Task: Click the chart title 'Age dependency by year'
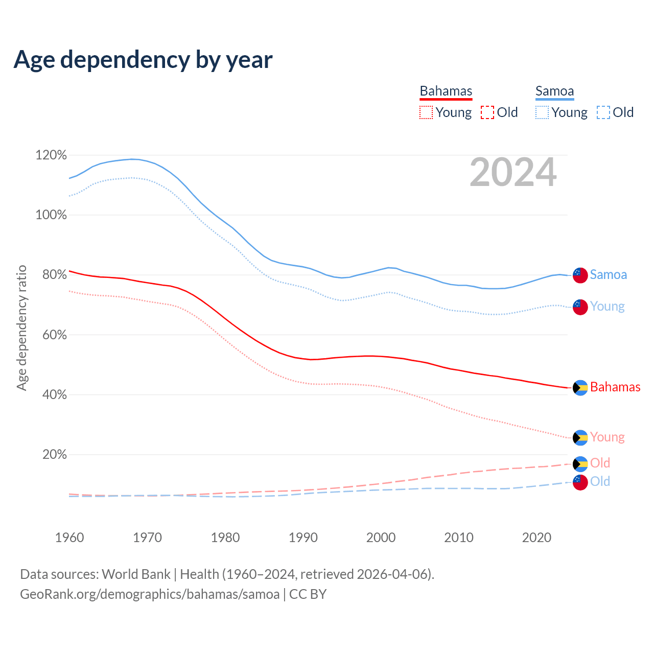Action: click(x=143, y=60)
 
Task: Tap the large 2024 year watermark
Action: click(x=513, y=173)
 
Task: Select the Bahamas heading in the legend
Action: click(x=446, y=91)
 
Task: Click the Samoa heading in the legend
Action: click(x=554, y=91)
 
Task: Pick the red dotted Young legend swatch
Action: click(x=426, y=112)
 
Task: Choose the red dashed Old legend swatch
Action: click(x=487, y=112)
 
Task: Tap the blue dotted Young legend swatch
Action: click(x=542, y=112)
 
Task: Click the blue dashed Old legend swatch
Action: click(x=603, y=112)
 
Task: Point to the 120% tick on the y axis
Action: click(x=51, y=155)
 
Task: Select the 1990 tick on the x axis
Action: click(x=303, y=538)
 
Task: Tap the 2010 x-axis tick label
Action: click(x=459, y=538)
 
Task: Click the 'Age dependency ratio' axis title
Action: click(x=21, y=328)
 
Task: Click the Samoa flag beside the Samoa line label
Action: click(x=580, y=275)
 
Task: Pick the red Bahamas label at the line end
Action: click(x=615, y=387)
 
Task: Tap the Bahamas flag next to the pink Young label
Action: click(x=580, y=438)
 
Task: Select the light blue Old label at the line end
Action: click(x=600, y=481)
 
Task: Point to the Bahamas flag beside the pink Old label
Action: click(x=580, y=464)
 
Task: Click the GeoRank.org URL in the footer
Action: click(x=150, y=594)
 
